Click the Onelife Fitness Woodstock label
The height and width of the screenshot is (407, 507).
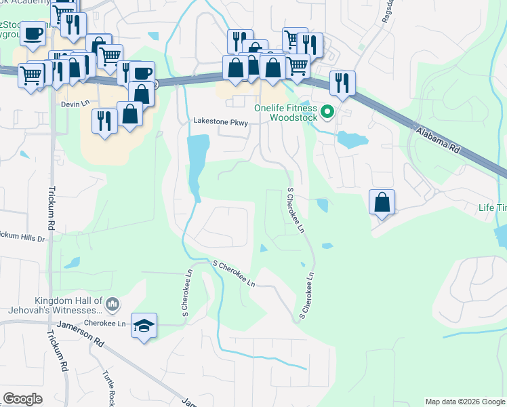point(285,112)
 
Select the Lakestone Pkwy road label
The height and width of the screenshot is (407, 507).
point(220,123)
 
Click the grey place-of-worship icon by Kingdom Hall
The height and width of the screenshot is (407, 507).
point(113,303)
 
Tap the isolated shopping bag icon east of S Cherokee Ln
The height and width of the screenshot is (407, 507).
point(382,201)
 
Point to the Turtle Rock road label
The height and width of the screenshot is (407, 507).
point(108,387)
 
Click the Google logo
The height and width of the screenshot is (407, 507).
point(23,399)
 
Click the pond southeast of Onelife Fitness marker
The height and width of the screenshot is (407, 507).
point(351,140)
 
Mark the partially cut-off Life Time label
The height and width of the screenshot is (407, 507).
point(492,208)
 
